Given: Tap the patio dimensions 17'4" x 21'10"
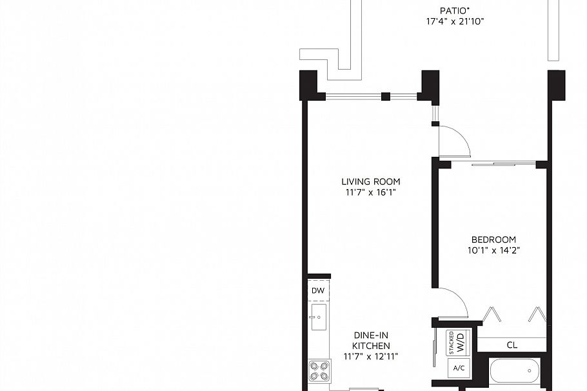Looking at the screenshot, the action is (x=455, y=21).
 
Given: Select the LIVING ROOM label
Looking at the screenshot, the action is (x=371, y=182).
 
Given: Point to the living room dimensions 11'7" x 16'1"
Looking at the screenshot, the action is (x=371, y=193).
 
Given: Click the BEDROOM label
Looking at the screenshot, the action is (x=493, y=239).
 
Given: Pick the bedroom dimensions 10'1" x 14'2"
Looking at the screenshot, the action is (x=493, y=250).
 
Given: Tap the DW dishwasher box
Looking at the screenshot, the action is (x=318, y=290).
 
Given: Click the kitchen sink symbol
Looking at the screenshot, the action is (x=319, y=317).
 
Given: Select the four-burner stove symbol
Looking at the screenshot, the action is (x=319, y=370).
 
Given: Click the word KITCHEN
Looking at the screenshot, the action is (x=371, y=346).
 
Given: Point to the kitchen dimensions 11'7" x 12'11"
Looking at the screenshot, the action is (x=371, y=357).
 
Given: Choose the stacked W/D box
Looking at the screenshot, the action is (x=456, y=343).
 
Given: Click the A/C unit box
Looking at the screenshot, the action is (x=459, y=368).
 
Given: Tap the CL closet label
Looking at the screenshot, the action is (x=512, y=345).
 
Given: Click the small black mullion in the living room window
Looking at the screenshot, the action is (x=386, y=96).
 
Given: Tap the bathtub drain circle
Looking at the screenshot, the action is (x=530, y=371).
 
